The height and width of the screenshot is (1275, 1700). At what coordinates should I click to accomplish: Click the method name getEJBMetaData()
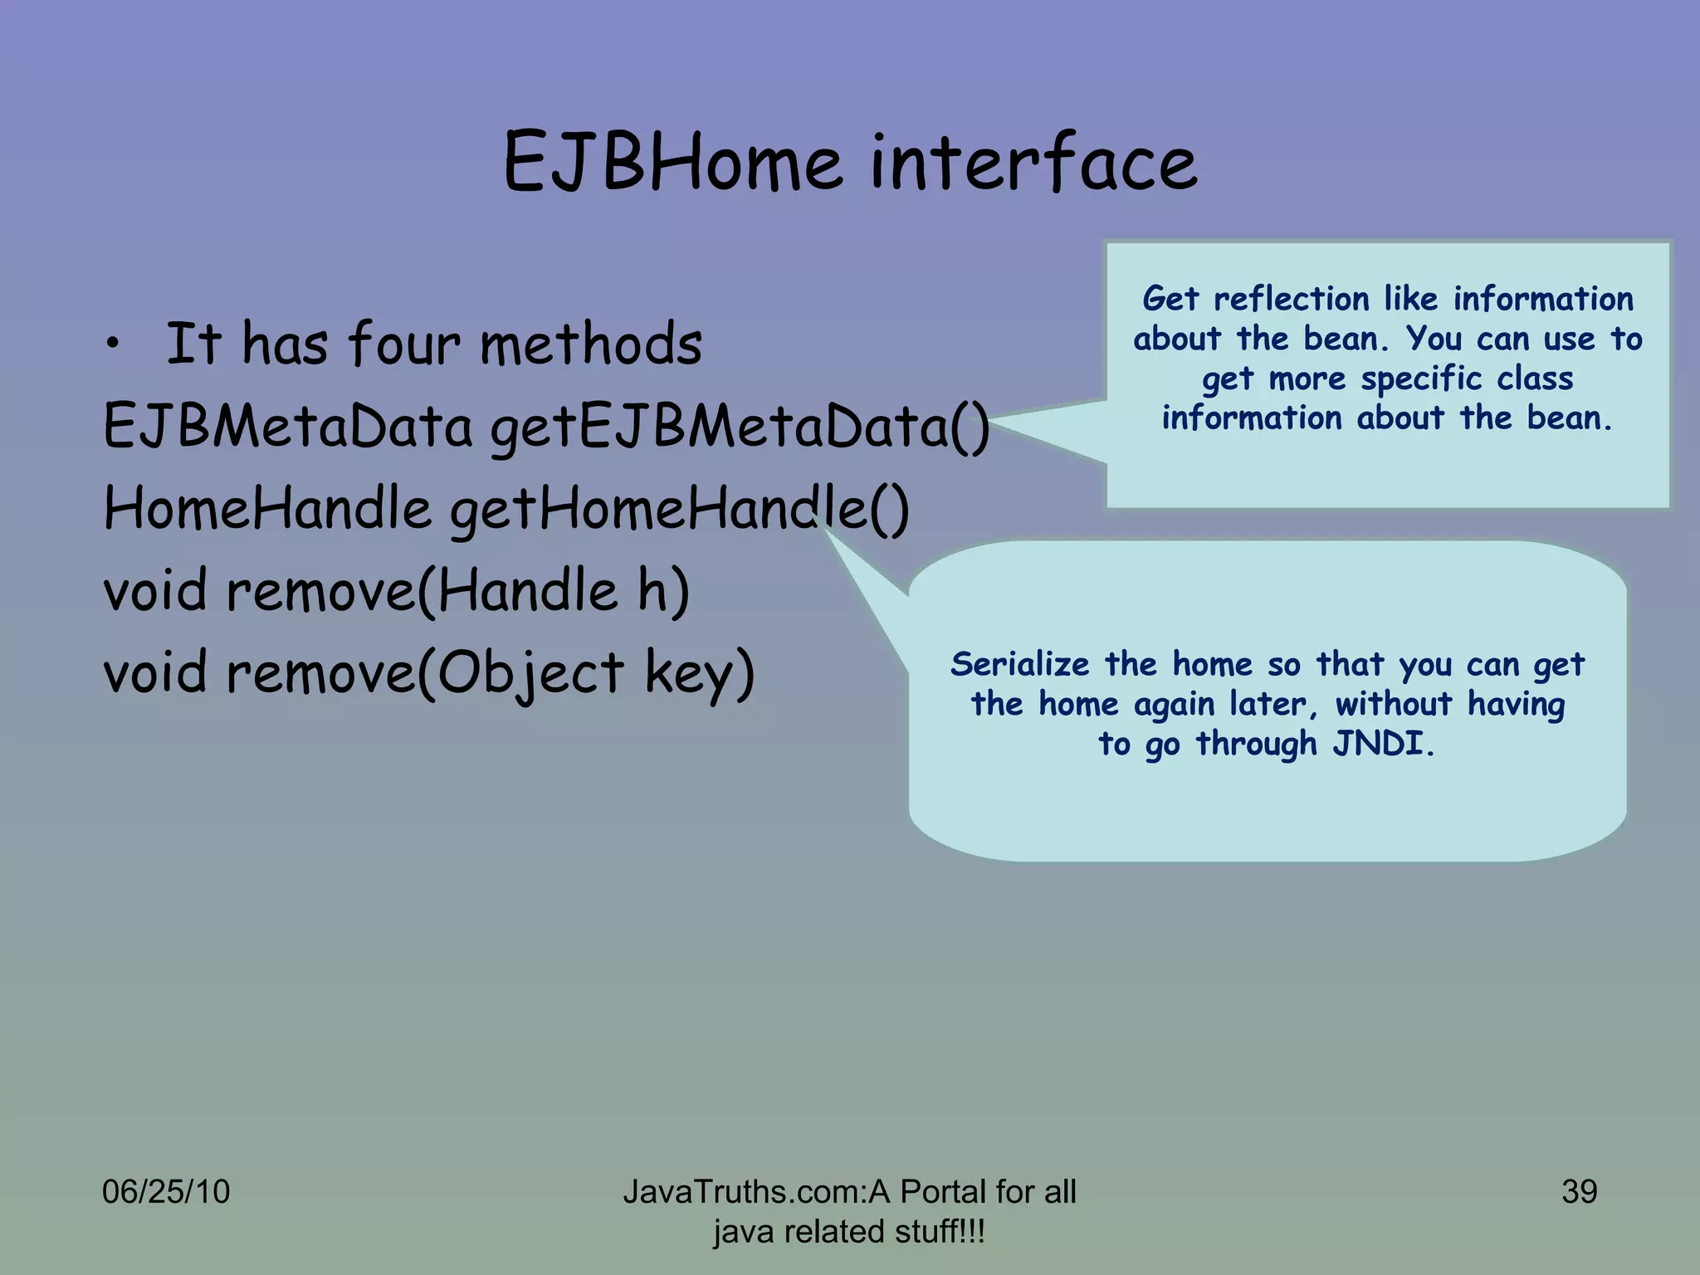coord(740,427)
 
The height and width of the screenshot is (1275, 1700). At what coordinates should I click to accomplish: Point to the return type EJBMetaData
coord(287,426)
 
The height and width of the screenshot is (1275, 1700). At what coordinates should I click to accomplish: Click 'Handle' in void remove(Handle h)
coord(528,590)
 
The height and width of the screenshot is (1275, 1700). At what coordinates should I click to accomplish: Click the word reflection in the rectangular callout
coord(1292,299)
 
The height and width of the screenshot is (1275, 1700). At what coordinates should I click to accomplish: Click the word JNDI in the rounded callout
coord(1381,744)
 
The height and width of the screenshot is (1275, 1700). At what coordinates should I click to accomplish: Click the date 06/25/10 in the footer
coord(165,1192)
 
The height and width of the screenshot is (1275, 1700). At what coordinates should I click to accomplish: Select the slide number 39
coord(1579,1192)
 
